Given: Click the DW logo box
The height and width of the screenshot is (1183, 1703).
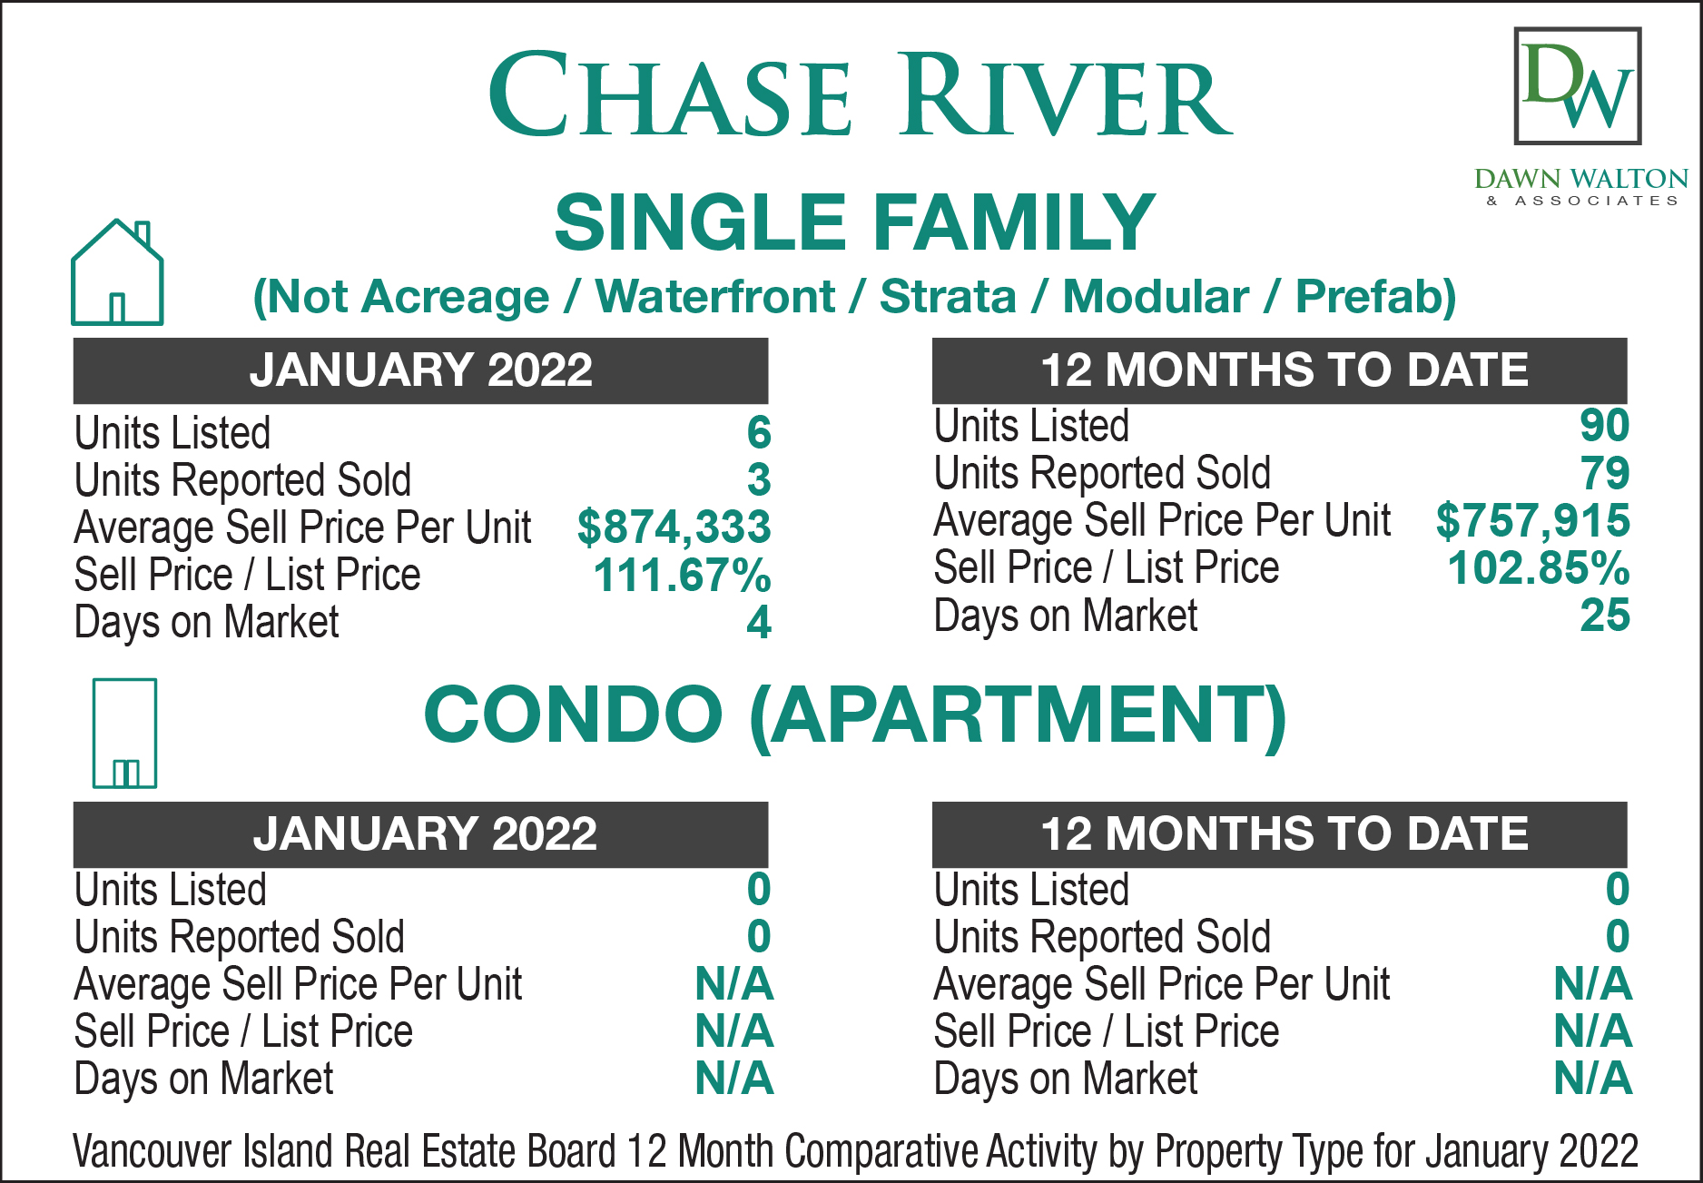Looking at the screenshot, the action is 1578,86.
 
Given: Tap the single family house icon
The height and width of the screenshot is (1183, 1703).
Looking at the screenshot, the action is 117,271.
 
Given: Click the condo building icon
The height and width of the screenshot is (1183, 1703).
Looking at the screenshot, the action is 124,733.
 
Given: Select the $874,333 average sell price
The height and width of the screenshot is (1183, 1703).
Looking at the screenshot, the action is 674,527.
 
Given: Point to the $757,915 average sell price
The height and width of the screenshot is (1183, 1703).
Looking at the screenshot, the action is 1532,520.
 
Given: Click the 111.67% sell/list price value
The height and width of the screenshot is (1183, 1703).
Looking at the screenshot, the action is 682,575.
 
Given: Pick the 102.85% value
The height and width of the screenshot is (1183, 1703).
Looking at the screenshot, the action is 1539,567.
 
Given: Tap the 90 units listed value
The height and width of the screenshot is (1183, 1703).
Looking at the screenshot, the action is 1605,425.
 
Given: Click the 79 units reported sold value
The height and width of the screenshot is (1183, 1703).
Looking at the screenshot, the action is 1605,473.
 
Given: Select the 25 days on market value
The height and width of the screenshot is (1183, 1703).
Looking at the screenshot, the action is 1605,615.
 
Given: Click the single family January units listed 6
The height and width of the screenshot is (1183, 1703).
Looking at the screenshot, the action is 759,432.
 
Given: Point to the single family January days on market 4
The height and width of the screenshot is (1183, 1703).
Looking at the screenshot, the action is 759,622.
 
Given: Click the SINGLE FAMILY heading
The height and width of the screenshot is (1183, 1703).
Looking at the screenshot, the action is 854,222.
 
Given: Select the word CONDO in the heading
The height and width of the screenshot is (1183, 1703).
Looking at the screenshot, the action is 573,714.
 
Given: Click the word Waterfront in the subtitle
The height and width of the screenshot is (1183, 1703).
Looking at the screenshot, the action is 715,296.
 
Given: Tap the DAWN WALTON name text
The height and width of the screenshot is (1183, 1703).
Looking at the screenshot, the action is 1581,178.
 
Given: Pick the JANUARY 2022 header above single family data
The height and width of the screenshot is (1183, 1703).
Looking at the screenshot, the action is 421,370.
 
